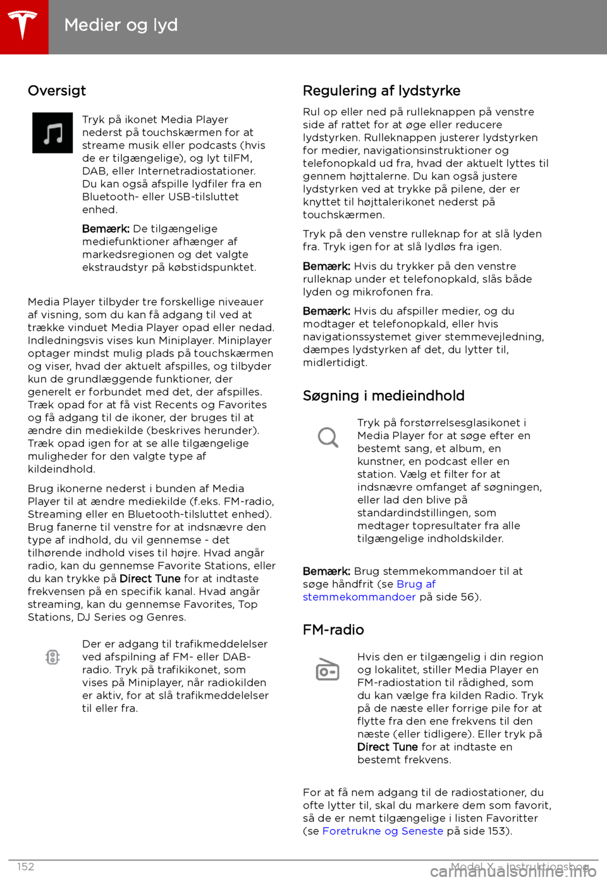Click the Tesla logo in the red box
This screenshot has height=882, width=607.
[x=23, y=25]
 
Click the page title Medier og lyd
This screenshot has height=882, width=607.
[x=121, y=25]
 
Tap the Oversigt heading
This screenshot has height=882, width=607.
[x=57, y=91]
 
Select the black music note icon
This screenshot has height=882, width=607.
[x=52, y=133]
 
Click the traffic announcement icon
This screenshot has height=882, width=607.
[x=52, y=657]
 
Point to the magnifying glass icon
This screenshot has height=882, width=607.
[x=328, y=437]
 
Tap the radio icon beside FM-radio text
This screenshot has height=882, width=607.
[x=328, y=670]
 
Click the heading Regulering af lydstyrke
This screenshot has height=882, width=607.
[x=381, y=91]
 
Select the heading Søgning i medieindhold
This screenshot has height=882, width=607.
[x=383, y=396]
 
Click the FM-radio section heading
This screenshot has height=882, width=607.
[x=333, y=630]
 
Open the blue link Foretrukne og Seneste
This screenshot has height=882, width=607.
[x=383, y=831]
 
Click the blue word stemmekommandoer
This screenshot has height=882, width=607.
[x=359, y=597]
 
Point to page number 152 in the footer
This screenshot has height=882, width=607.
[x=26, y=867]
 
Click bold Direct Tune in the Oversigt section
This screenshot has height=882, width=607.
[x=150, y=579]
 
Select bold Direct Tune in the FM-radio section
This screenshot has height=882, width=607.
[x=387, y=747]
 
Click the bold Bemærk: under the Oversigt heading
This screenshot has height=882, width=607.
[x=106, y=229]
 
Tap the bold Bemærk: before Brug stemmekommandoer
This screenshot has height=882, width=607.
[x=326, y=571]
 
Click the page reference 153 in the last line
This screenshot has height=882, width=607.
[x=499, y=831]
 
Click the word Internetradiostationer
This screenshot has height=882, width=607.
[x=196, y=171]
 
